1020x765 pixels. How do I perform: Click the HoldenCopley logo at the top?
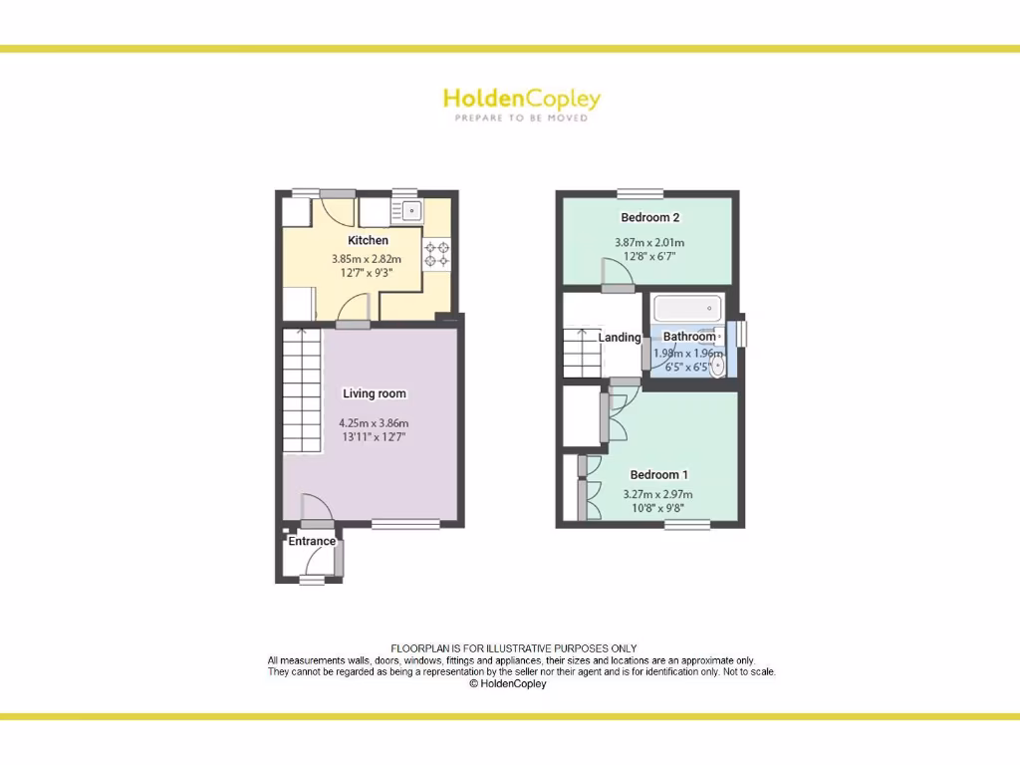(x=521, y=100)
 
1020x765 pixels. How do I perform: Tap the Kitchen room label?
(x=368, y=240)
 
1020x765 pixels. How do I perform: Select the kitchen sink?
(x=409, y=211)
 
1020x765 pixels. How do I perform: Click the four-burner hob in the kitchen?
(x=436, y=254)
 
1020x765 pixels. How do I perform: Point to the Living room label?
(x=375, y=393)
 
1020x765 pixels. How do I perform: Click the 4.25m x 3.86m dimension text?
(x=375, y=422)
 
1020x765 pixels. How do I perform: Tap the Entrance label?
(x=312, y=542)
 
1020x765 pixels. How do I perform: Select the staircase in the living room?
(x=303, y=390)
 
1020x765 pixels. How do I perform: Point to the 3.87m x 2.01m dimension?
(x=649, y=243)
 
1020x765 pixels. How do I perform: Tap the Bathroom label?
(x=689, y=337)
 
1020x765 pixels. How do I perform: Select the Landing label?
(x=620, y=338)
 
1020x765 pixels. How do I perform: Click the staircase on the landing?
(x=582, y=353)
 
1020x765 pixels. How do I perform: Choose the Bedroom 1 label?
(x=658, y=475)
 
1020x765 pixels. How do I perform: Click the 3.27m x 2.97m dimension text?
(x=657, y=494)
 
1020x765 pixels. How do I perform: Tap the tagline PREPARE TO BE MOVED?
(x=521, y=118)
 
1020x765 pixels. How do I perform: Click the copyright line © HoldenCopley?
(x=508, y=684)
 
